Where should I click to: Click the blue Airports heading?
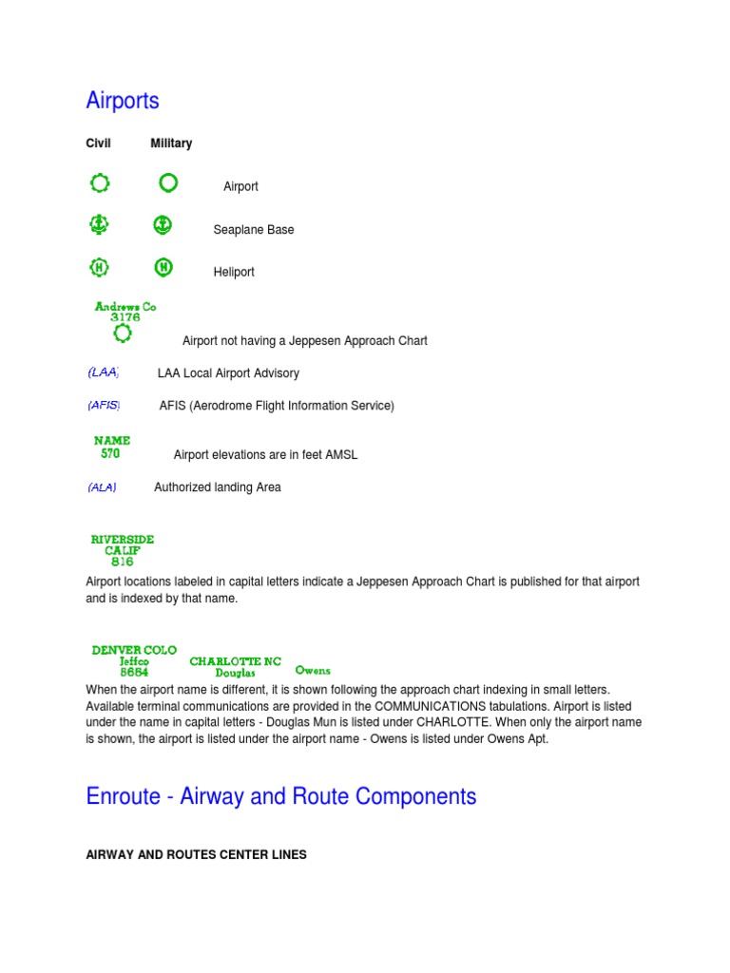pyautogui.click(x=123, y=101)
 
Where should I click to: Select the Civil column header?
pyautogui.click(x=99, y=143)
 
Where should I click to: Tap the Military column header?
pyautogui.click(x=171, y=143)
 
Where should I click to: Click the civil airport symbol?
pyautogui.click(x=100, y=182)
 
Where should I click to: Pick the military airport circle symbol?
pyautogui.click(x=167, y=181)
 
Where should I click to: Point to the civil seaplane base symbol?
pyautogui.click(x=98, y=225)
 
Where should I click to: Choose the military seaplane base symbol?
pyautogui.click(x=163, y=225)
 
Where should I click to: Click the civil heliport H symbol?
pyautogui.click(x=98, y=268)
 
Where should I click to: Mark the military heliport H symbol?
pyautogui.click(x=163, y=268)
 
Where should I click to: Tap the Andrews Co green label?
pyautogui.click(x=125, y=307)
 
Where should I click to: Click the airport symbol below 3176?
pyautogui.click(x=122, y=334)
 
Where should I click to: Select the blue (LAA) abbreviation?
pyautogui.click(x=103, y=373)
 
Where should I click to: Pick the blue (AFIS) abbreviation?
pyautogui.click(x=104, y=406)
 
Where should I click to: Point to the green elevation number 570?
pyautogui.click(x=111, y=454)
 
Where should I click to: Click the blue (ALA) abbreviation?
pyautogui.click(x=102, y=487)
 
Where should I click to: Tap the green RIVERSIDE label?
pyautogui.click(x=122, y=540)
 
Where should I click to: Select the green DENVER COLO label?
pyautogui.click(x=134, y=650)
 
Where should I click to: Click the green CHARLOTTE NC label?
pyautogui.click(x=236, y=661)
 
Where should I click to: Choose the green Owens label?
pyautogui.click(x=313, y=671)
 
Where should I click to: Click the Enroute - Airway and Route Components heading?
pyautogui.click(x=281, y=796)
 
